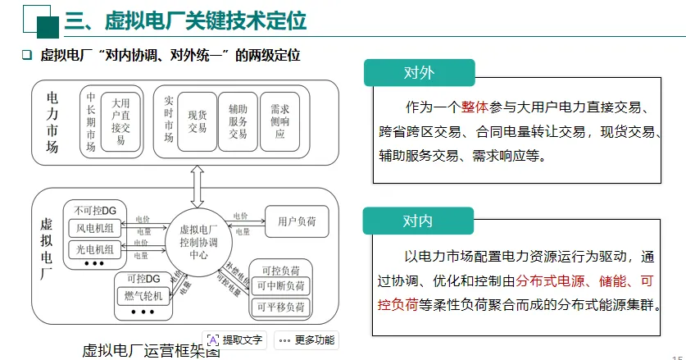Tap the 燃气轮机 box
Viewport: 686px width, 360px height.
point(146,296)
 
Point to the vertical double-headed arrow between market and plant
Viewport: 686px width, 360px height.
point(198,185)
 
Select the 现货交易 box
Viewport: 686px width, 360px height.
point(197,121)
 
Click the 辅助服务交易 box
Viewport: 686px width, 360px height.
point(238,121)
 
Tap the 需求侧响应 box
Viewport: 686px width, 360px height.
point(280,121)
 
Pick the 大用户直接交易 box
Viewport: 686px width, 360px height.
point(120,121)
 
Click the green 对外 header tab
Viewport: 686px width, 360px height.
point(419,73)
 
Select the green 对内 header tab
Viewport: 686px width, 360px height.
point(419,221)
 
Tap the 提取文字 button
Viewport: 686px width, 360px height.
point(235,339)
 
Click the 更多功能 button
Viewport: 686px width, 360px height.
point(306,339)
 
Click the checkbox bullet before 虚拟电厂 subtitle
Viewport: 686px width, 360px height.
point(25,56)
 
